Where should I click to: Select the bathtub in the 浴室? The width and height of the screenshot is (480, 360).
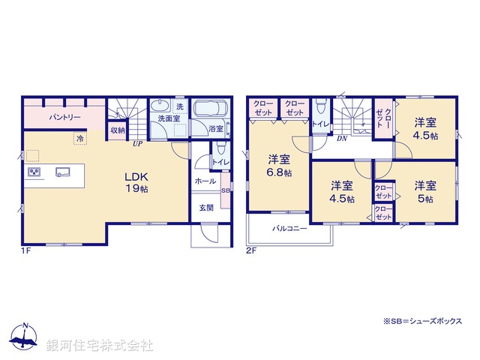[209, 109]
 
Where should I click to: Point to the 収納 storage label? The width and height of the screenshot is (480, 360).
[118, 130]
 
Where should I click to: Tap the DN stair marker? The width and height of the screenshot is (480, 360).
[341, 138]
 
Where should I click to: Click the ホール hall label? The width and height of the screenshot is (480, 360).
[205, 181]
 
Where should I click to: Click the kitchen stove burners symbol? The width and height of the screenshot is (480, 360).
[34, 172]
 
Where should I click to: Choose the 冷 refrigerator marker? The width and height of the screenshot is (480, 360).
[78, 138]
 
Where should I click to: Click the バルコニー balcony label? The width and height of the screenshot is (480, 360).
[289, 229]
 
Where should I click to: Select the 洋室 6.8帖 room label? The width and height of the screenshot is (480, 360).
[280, 165]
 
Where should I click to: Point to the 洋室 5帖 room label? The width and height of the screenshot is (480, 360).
[426, 191]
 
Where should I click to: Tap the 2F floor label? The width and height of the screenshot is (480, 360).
[250, 251]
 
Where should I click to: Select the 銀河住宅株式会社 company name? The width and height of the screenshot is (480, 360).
[99, 345]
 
